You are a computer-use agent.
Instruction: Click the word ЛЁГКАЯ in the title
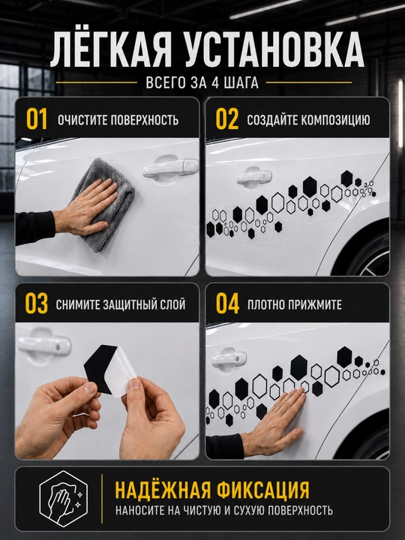111,51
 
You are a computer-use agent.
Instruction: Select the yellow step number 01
37,119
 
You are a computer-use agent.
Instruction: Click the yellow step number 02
227,119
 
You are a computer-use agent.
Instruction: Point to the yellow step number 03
36,304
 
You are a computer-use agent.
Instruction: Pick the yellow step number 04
227,304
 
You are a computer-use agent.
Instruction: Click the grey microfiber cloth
103,203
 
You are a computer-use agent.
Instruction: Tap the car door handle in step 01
171,168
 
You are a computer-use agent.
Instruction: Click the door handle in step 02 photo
253,176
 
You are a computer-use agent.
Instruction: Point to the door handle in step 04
229,358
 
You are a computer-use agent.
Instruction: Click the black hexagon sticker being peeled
97,367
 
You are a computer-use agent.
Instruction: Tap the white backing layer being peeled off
121,373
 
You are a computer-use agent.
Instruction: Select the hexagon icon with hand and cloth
63,498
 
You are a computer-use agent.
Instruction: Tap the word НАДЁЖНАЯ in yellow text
163,489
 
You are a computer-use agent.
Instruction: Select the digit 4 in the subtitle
215,83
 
